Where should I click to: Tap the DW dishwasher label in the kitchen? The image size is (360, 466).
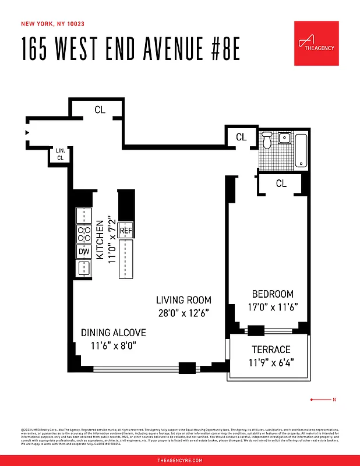[x=84, y=252]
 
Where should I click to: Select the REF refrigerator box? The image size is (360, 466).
[x=126, y=231]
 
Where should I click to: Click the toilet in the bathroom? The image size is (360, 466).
[x=267, y=140]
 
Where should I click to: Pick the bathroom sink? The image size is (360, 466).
[x=284, y=138]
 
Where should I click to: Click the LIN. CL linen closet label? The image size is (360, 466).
[x=61, y=154]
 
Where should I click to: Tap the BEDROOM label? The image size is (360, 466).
[x=273, y=294]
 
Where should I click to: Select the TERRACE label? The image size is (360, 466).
[x=271, y=349]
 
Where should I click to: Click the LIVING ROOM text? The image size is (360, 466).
[x=183, y=300]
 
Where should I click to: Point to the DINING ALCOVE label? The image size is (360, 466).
[x=113, y=333]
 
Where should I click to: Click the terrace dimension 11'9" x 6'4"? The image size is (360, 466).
[x=271, y=362]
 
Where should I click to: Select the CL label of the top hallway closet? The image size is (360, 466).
[x=100, y=109]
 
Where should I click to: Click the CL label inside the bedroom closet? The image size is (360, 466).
[x=281, y=183]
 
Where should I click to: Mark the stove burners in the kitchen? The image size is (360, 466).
[x=84, y=234]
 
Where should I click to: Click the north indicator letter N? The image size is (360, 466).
[x=334, y=400]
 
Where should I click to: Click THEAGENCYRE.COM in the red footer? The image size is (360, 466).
[x=180, y=460]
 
